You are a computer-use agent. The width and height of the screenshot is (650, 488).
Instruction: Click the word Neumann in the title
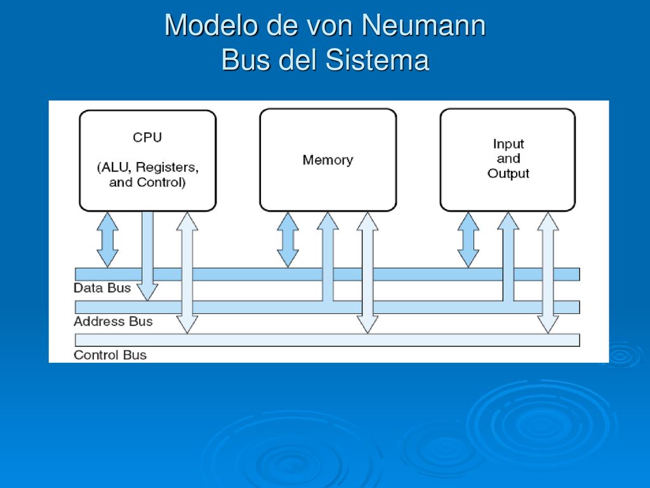click(423, 25)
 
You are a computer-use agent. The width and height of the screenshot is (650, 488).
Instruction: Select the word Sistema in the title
click(377, 60)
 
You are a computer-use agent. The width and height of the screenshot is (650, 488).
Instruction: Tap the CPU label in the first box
click(147, 137)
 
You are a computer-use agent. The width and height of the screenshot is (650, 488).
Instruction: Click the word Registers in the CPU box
click(168, 167)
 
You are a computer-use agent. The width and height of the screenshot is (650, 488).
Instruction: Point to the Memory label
click(328, 159)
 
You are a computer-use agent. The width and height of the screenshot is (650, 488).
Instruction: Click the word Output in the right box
click(508, 173)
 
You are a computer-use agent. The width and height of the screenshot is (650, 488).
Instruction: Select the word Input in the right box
click(508, 144)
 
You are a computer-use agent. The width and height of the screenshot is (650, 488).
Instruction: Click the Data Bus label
click(102, 288)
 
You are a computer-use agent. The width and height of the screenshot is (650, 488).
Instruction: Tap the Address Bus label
click(113, 322)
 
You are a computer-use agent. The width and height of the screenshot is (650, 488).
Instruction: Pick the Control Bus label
click(110, 355)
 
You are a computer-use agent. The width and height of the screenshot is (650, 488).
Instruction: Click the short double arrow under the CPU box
click(107, 240)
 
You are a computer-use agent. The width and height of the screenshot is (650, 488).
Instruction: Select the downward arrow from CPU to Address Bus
click(147, 256)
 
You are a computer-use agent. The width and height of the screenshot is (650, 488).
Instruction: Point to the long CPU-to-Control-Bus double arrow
click(187, 273)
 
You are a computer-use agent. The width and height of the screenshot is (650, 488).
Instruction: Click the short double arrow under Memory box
click(288, 240)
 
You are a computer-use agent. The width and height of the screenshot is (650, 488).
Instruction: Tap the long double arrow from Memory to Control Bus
click(368, 273)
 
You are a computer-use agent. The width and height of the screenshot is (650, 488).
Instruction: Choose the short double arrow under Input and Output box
click(468, 240)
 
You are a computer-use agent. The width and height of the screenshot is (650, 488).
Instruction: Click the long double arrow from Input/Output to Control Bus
click(548, 273)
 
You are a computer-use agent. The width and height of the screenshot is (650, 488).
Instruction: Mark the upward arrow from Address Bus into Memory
click(328, 257)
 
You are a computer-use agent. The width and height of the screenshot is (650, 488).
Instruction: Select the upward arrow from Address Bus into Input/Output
click(508, 257)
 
